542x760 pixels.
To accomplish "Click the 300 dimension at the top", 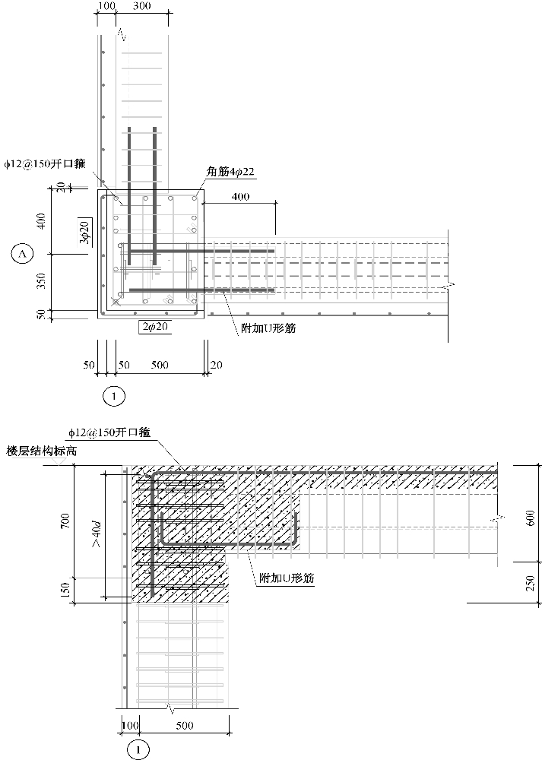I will point(141,7).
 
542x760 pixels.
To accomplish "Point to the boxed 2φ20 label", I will point(153,327).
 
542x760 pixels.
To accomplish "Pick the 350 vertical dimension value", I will point(43,281).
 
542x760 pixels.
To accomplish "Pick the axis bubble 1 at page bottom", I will point(138,749).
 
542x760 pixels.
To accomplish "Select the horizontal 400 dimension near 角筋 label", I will point(240,197).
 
